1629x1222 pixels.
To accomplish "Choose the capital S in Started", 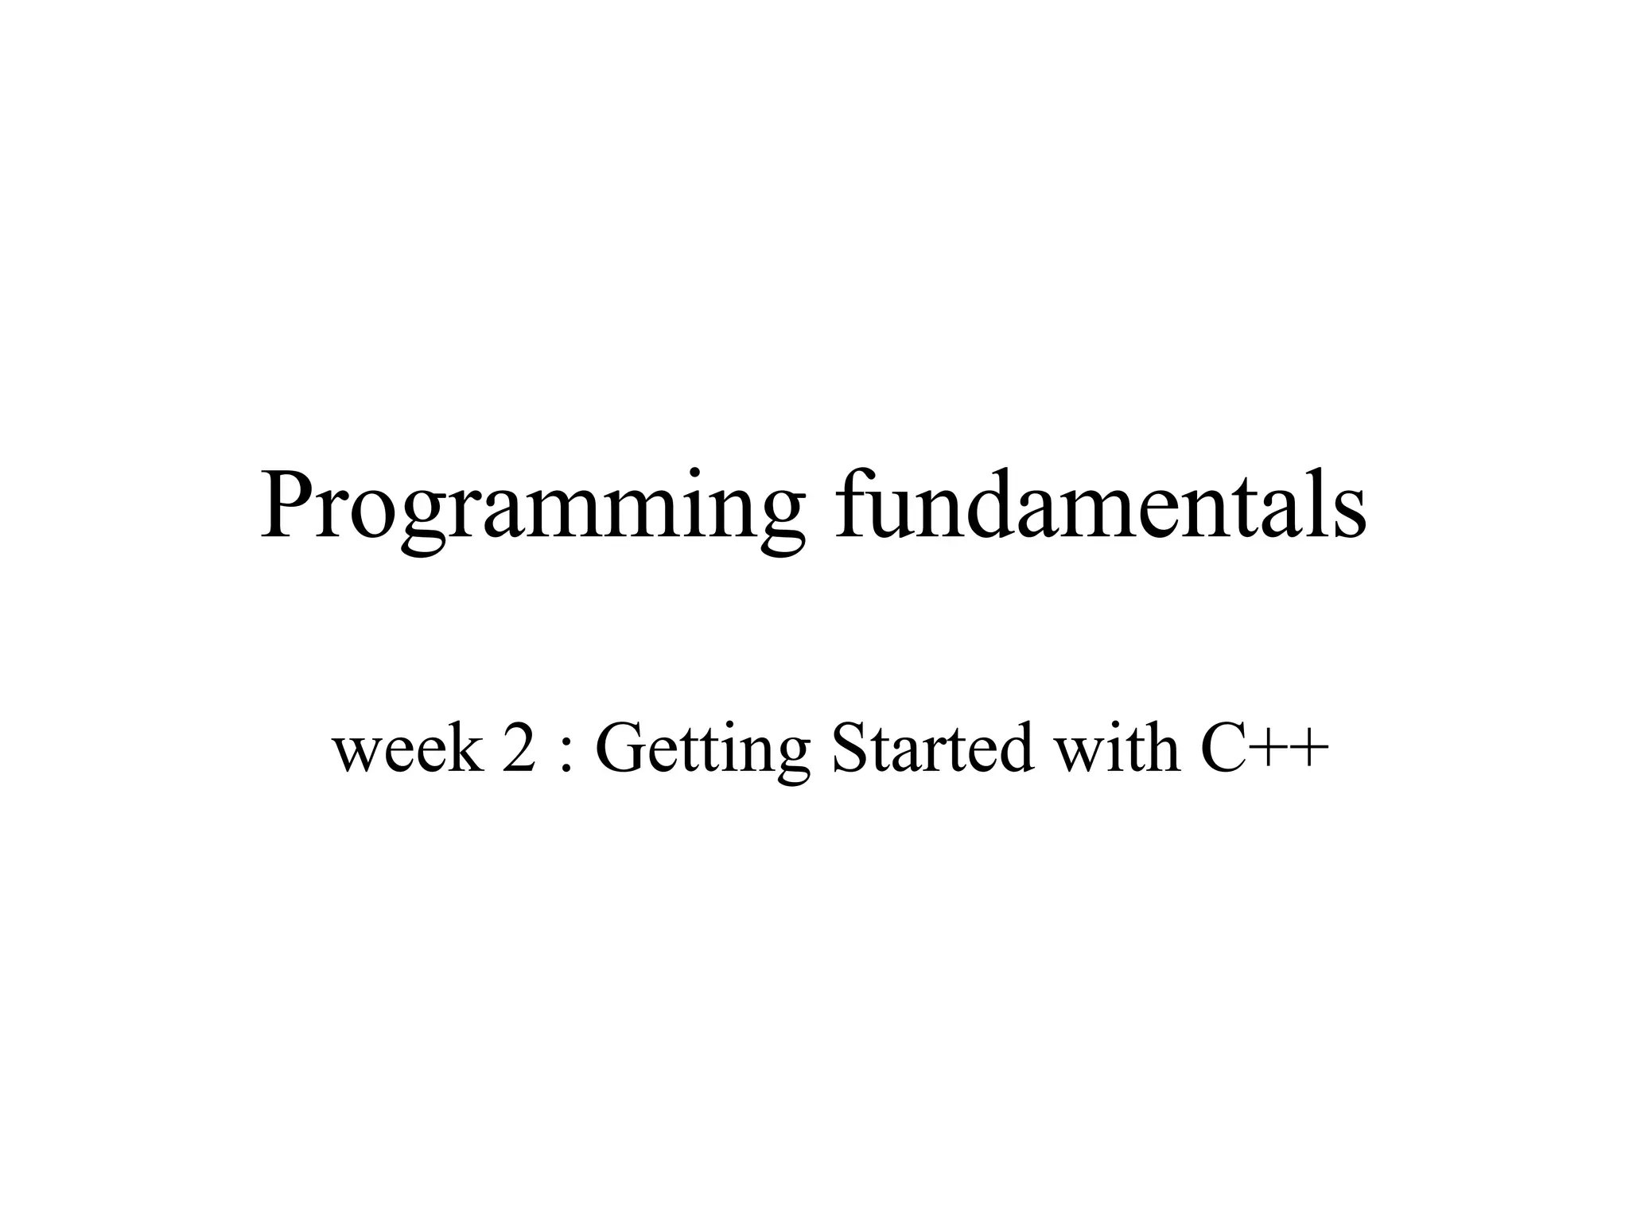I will coord(849,748).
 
